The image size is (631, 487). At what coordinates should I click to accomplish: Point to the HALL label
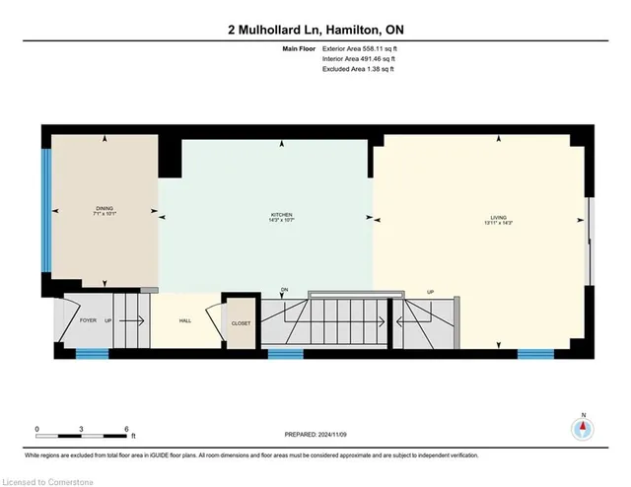pos(184,321)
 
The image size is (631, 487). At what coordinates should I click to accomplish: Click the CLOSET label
pos(241,323)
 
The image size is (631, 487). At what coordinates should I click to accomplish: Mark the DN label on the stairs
pos(284,290)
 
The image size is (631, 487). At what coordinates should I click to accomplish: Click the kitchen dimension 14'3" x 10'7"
pos(283,220)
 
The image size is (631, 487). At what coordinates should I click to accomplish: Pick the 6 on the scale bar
pos(127,428)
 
